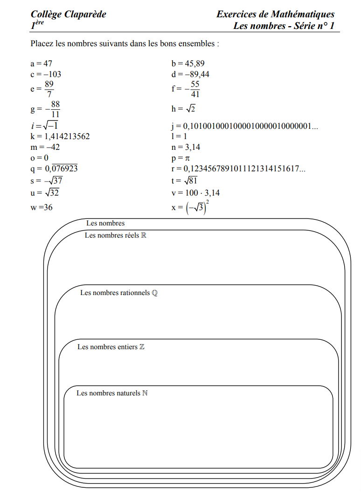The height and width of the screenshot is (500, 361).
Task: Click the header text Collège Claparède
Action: pos(68,14)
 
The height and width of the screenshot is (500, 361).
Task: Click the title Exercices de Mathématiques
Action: pos(275,14)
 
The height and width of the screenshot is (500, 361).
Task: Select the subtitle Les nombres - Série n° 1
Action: pos(284,26)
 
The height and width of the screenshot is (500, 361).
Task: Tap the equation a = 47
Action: pos(42,63)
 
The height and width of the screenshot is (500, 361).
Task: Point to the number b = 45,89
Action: pos(188,63)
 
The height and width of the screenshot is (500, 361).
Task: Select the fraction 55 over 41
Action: pos(195,89)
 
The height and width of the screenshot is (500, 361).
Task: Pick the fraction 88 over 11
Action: pos(55,109)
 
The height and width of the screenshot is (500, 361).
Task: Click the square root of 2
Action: pos(190,109)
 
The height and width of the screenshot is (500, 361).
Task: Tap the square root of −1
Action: pos(49,126)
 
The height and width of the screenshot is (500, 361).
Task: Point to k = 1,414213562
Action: pos(60,136)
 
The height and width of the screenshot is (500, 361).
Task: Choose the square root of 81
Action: pos(192,180)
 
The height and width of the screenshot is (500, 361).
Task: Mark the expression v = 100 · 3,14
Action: pos(196,192)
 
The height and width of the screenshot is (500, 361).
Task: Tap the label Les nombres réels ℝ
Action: pos(116,235)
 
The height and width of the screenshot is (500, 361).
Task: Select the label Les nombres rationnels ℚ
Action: pos(119,293)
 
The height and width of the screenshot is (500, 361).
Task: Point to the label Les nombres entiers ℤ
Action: pos(111,347)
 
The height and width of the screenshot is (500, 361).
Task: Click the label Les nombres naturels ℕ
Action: pos(112,393)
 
